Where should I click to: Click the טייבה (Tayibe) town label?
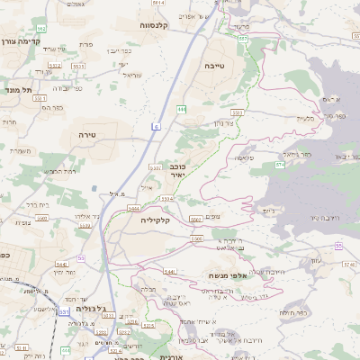point(213,66)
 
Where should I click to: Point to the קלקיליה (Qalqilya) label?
point(155,218)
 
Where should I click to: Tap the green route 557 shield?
point(242,39)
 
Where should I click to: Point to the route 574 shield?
point(280,165)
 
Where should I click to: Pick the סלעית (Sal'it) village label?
point(305,119)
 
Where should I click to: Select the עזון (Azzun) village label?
point(316,261)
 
